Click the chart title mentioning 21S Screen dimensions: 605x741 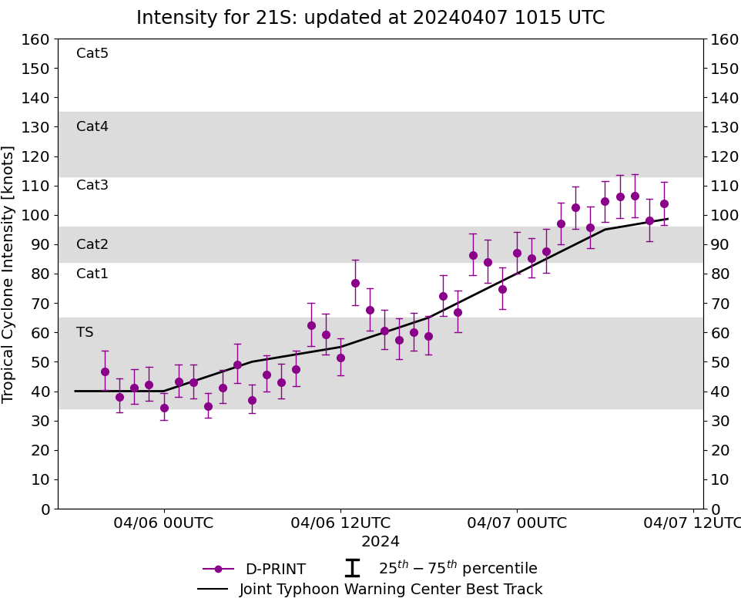coord(370,18)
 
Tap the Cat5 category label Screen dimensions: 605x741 coord(92,53)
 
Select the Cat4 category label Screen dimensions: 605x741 coord(92,126)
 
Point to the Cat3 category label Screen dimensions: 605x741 coord(92,185)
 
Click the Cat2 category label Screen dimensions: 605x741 coord(92,244)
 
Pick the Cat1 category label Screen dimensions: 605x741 coord(92,274)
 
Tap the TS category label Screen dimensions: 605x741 coord(85,332)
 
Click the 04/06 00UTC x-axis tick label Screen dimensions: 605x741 coord(164,523)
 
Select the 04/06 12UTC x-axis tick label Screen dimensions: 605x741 coord(340,523)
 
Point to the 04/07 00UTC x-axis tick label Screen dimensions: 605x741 coord(517,523)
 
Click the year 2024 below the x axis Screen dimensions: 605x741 coord(381,542)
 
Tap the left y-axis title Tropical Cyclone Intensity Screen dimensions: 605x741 coord(9,274)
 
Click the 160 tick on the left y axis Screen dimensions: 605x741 coord(37,39)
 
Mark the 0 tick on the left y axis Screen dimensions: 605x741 coord(45,509)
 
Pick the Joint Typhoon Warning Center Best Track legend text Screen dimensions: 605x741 coord(391,590)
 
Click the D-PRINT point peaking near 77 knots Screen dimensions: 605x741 coord(355,283)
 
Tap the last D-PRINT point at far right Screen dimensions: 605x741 coord(664,203)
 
